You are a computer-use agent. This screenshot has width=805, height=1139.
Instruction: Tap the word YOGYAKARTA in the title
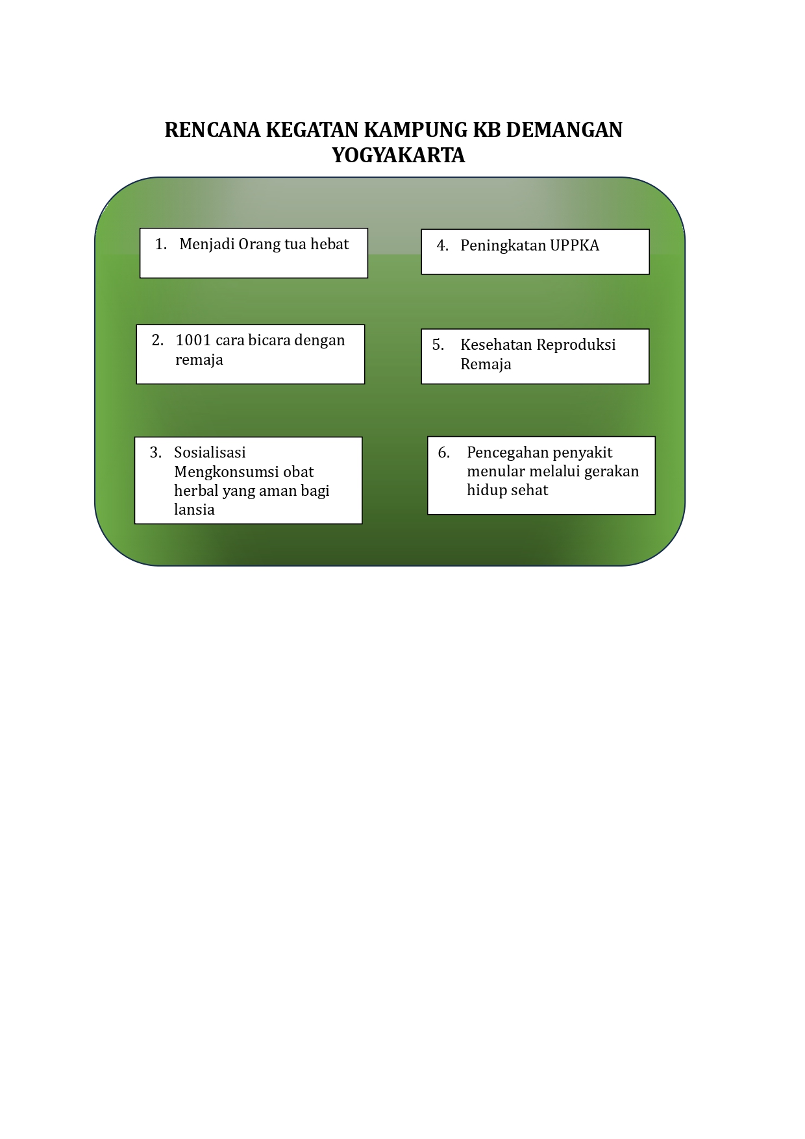tap(399, 155)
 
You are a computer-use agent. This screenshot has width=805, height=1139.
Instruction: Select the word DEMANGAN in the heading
tap(563, 130)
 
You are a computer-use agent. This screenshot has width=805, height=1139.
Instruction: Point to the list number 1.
tap(161, 244)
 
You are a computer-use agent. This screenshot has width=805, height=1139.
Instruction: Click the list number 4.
tap(442, 245)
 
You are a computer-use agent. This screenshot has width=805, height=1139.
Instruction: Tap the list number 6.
tap(443, 452)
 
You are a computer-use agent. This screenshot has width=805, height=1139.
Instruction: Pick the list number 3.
tap(156, 452)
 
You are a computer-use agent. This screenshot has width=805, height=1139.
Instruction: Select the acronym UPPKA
tap(575, 245)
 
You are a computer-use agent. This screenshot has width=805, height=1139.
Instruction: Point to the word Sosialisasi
tap(210, 452)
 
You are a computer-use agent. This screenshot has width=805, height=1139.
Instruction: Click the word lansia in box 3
tap(194, 509)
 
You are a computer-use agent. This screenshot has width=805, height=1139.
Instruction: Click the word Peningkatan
tap(503, 245)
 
